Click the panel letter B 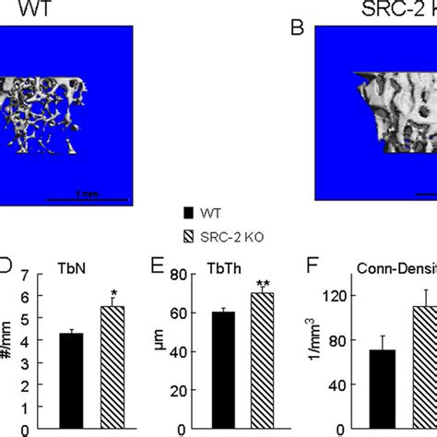point(298,27)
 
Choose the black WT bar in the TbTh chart point(222,372)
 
